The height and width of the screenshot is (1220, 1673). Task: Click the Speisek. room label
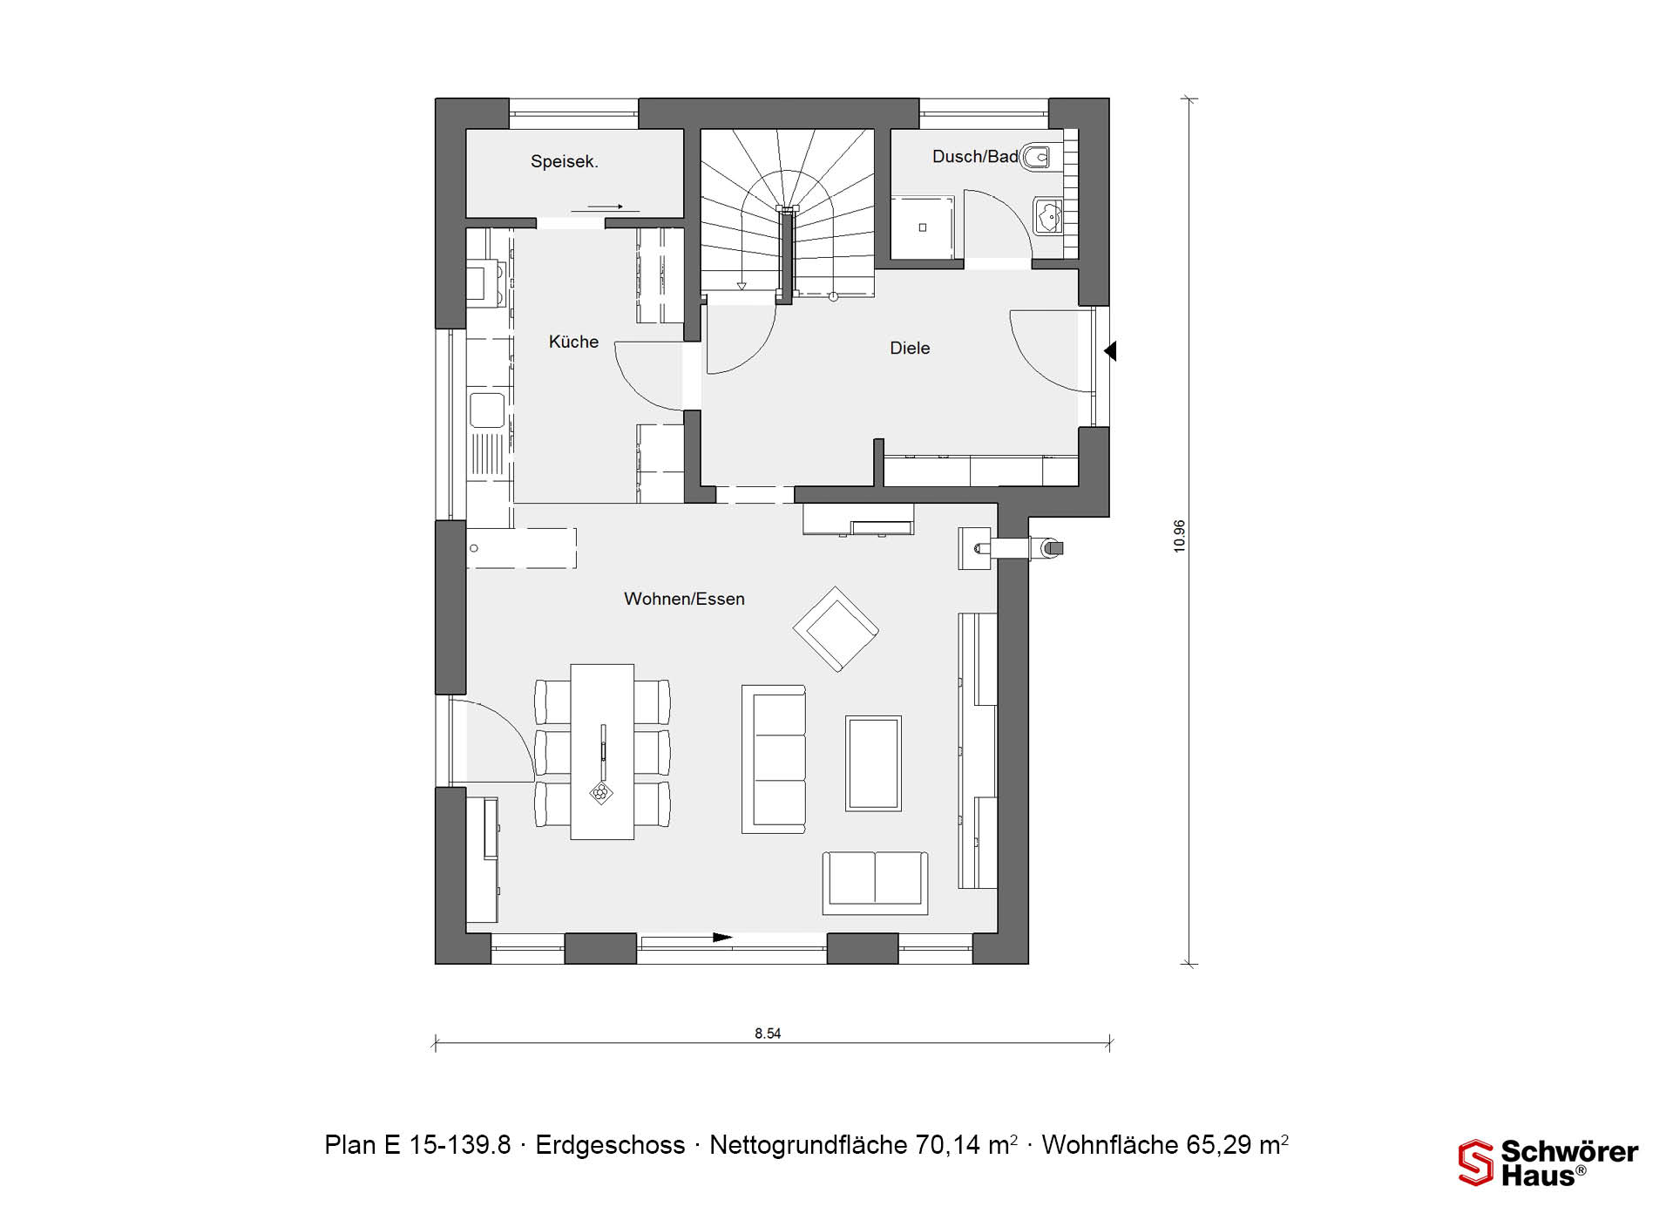coord(564,161)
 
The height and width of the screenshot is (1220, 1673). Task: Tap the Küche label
coord(573,342)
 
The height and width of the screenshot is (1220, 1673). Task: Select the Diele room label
coord(910,348)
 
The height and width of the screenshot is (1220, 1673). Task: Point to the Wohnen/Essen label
coord(684,599)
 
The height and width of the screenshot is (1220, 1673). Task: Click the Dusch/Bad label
coord(975,157)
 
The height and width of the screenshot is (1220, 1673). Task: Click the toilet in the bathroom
coord(1037,157)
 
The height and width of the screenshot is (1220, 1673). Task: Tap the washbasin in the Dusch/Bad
coord(1048,215)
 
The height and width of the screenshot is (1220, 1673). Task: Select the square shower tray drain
coord(923,227)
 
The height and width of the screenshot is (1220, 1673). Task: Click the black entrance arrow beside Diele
coord(1110,351)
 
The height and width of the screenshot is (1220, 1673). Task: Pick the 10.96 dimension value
coord(1179,536)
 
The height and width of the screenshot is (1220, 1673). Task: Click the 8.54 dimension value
coord(768,1034)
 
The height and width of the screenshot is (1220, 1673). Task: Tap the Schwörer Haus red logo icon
coord(1476,1162)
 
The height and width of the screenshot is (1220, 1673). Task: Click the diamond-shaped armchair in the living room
coord(836,629)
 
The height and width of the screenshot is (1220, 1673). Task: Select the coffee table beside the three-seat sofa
coord(873,763)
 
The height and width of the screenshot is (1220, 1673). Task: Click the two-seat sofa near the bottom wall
coord(875,883)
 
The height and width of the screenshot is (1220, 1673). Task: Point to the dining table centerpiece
coord(600,793)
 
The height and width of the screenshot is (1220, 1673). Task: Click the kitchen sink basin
coord(486,410)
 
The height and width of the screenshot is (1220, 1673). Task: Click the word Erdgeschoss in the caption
coord(610,1145)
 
